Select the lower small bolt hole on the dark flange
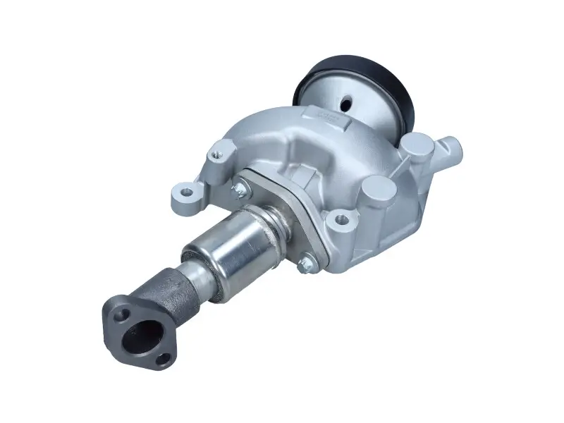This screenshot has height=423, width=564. point(164,360)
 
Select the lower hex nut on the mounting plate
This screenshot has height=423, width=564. point(305,264)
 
